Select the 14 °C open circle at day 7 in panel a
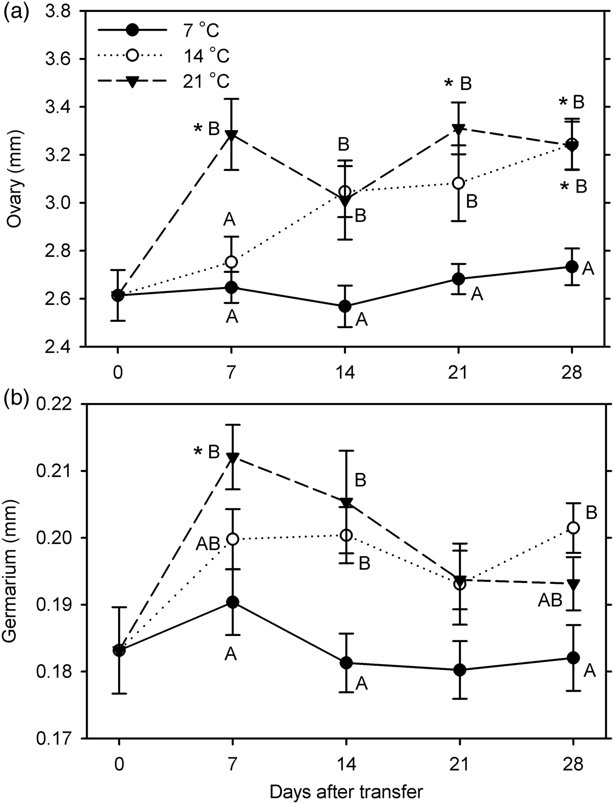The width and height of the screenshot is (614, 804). [231, 262]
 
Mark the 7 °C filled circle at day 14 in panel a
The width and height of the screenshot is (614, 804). [345, 306]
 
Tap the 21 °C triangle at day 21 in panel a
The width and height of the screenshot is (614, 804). [458, 129]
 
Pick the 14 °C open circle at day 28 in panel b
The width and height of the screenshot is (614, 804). [573, 528]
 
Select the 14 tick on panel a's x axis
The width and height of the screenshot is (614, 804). [345, 373]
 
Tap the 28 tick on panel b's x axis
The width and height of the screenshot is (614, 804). [573, 765]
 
